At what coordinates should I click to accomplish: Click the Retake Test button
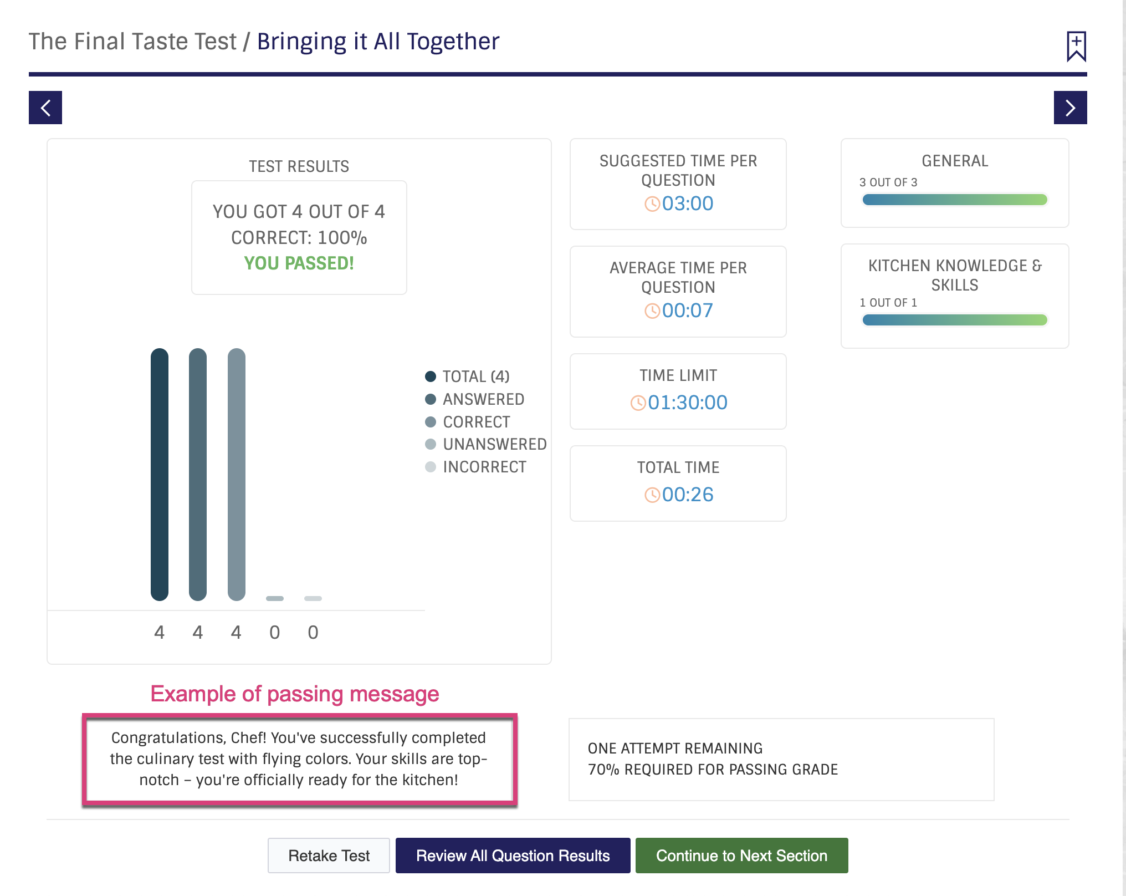(x=329, y=856)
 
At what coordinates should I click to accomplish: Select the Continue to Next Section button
(x=741, y=856)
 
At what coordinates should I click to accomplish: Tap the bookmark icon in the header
(x=1076, y=46)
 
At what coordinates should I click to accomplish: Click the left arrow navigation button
(x=45, y=108)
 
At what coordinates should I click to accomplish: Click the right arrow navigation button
(x=1070, y=108)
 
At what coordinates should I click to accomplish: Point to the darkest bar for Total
(x=160, y=475)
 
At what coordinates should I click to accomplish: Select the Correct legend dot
(x=431, y=422)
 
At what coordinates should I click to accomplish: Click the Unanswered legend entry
(x=486, y=444)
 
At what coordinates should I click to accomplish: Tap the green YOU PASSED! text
(x=299, y=263)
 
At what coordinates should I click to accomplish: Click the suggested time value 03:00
(x=688, y=203)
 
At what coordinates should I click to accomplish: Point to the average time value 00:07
(x=688, y=310)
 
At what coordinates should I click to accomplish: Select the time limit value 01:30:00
(x=688, y=403)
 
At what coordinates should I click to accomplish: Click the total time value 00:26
(x=688, y=495)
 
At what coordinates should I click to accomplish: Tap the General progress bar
(x=955, y=200)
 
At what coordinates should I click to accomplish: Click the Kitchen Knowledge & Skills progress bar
(x=955, y=320)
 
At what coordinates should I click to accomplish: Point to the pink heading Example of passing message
(x=295, y=694)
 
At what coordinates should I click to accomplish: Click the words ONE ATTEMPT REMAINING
(x=675, y=749)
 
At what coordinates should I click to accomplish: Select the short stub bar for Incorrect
(x=313, y=598)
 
